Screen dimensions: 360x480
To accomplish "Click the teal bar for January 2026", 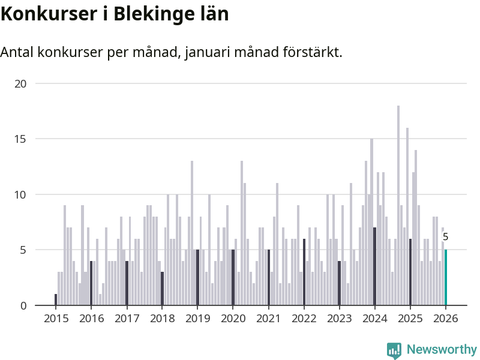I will pyautogui.click(x=446, y=278).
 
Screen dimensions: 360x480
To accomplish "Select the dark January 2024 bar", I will pyautogui.click(x=375, y=266).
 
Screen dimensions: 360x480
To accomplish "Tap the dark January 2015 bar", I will pyautogui.click(x=56, y=299).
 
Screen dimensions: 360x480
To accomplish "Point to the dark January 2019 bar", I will pyautogui.click(x=198, y=278).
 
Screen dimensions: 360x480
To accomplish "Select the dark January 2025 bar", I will pyautogui.click(x=410, y=272).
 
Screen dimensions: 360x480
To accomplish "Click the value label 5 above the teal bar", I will pyautogui.click(x=445, y=237).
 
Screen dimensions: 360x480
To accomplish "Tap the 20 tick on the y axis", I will pyautogui.click(x=20, y=83).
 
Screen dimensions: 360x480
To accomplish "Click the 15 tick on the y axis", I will pyautogui.click(x=20, y=139).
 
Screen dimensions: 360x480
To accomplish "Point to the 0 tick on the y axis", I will pyautogui.click(x=23, y=305).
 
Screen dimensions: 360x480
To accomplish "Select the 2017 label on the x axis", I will pyautogui.click(x=127, y=318).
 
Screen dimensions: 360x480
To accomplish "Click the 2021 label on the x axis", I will pyautogui.click(x=268, y=318).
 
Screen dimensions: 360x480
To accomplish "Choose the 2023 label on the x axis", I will pyautogui.click(x=339, y=318).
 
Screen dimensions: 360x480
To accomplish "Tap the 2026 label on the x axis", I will pyautogui.click(x=446, y=318).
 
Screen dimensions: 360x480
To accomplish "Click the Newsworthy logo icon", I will pyautogui.click(x=394, y=350).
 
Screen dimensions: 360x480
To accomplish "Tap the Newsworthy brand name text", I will pyautogui.click(x=442, y=349).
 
